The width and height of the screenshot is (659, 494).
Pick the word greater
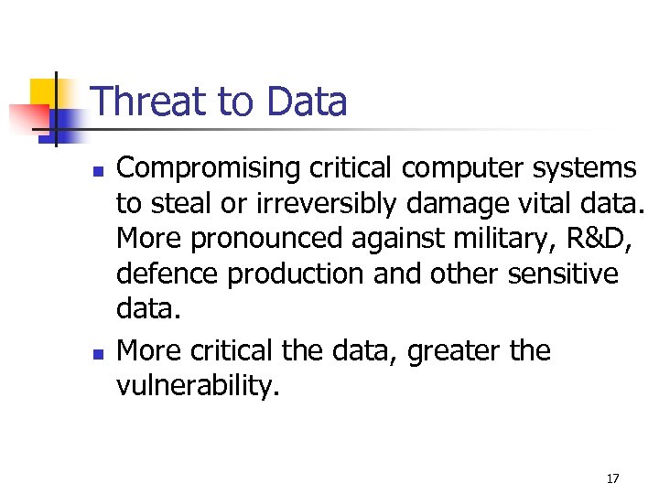(461, 351)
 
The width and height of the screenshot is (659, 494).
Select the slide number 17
(612, 478)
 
